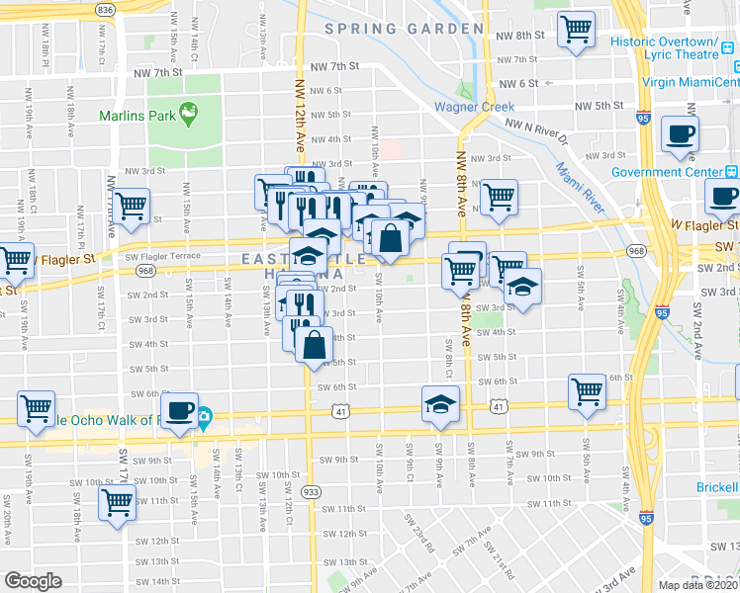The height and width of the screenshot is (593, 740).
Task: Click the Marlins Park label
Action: click(x=136, y=116)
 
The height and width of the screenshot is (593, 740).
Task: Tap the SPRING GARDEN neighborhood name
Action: click(x=386, y=30)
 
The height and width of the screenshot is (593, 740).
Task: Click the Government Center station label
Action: click(x=675, y=172)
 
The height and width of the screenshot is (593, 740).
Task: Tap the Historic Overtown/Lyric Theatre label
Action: click(x=676, y=49)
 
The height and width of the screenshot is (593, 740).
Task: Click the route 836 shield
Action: click(x=106, y=8)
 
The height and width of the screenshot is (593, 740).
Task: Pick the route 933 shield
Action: click(x=312, y=491)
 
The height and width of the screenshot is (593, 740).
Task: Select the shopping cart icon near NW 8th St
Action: click(x=576, y=30)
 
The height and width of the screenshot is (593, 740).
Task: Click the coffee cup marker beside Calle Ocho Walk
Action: click(x=179, y=410)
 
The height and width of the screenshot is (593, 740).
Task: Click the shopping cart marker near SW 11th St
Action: click(x=117, y=502)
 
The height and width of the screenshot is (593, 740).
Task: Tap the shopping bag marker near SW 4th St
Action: click(x=314, y=346)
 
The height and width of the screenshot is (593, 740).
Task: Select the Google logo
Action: click(x=34, y=581)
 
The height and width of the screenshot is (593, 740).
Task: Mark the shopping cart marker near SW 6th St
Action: click(x=587, y=391)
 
